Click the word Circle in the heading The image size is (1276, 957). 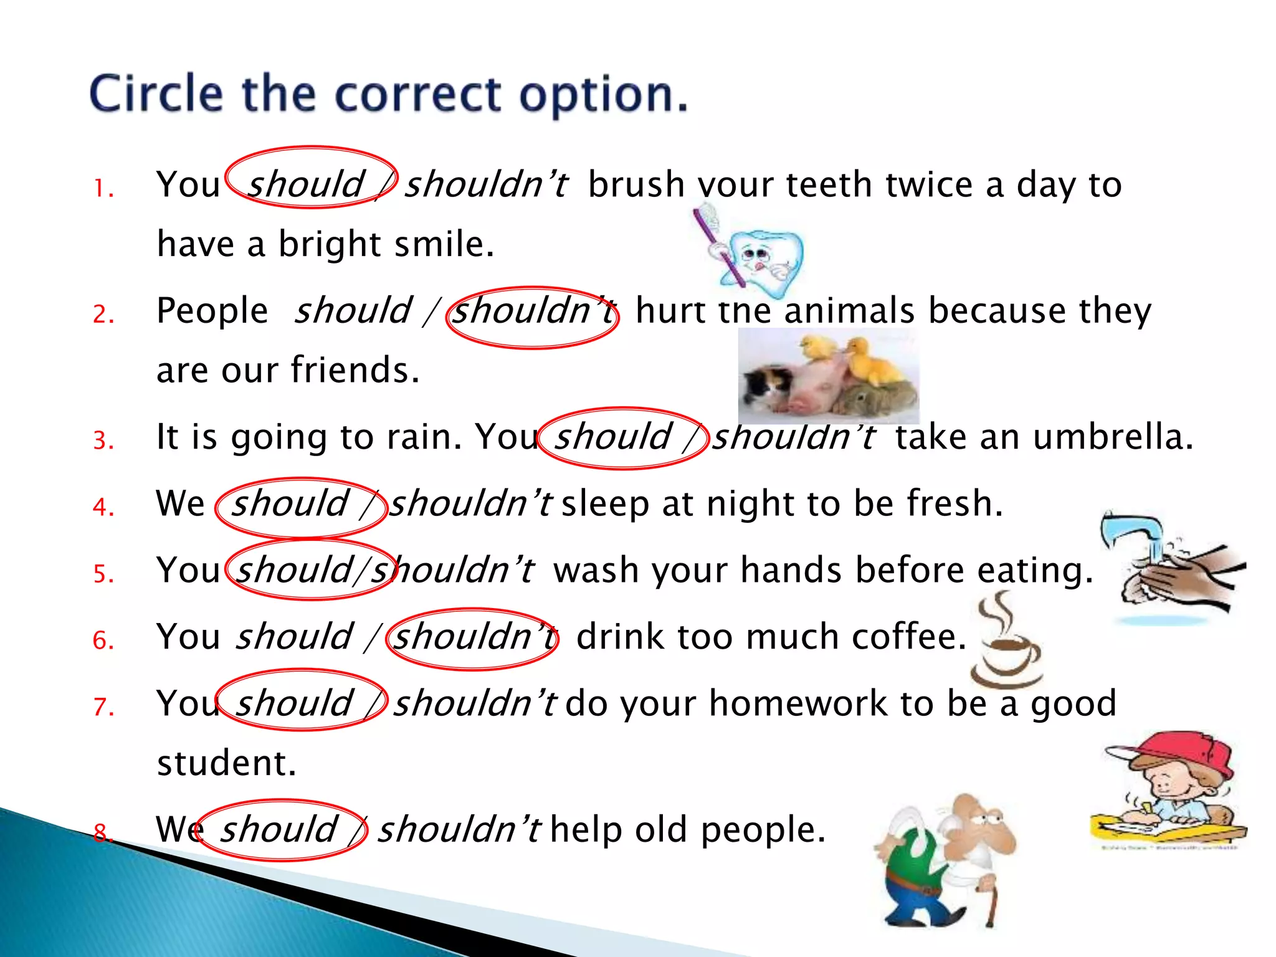(x=156, y=93)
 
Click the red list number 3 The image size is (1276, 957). (x=103, y=440)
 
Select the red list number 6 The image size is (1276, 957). (x=103, y=640)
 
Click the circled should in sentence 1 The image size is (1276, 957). (x=305, y=184)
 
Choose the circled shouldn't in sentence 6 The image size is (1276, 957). (x=474, y=637)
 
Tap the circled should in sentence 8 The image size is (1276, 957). (x=279, y=829)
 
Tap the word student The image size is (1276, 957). (x=226, y=763)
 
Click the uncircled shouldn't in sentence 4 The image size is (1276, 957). (x=470, y=503)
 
